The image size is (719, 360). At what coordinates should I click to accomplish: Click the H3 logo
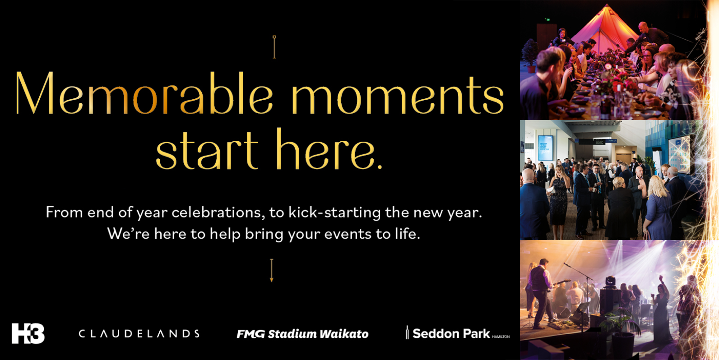[x=28, y=333]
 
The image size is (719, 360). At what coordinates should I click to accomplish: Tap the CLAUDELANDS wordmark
[x=139, y=334]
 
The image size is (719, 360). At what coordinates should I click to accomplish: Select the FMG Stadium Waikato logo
[x=302, y=334]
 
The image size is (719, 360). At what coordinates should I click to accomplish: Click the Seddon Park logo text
[x=451, y=334]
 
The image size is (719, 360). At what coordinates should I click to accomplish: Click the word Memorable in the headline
[x=144, y=93]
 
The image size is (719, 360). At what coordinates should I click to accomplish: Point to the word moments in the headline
[x=398, y=94]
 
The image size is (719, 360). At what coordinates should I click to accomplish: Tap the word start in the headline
[x=207, y=151]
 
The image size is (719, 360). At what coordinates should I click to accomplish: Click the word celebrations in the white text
[x=218, y=212]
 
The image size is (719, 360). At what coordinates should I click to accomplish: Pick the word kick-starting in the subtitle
[x=334, y=213]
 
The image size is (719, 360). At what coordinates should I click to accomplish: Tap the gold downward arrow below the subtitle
[x=272, y=271]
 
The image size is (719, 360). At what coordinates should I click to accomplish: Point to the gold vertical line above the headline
[x=274, y=47]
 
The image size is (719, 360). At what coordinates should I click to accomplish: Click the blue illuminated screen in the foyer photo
[x=545, y=148]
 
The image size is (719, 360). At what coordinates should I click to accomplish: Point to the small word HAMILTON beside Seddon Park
[x=501, y=337]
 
